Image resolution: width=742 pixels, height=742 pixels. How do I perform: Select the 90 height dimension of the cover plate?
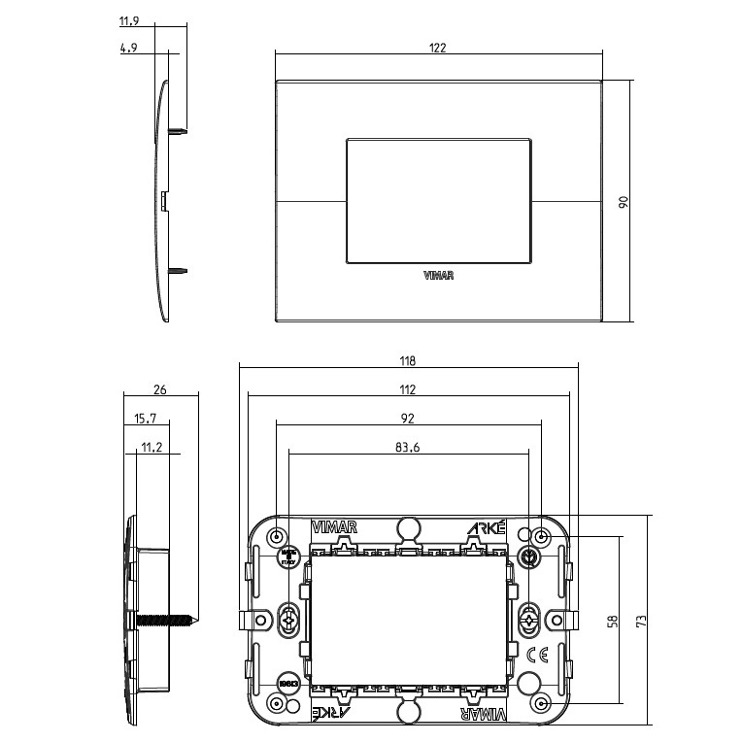click(x=624, y=201)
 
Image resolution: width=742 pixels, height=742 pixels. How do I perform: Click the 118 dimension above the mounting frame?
click(x=407, y=361)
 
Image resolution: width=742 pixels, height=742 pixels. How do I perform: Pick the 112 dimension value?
click(x=407, y=389)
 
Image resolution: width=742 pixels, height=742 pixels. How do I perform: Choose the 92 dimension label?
click(x=407, y=419)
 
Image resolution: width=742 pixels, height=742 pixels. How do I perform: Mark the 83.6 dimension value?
click(x=407, y=448)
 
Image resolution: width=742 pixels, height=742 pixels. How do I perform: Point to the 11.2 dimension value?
click(x=150, y=448)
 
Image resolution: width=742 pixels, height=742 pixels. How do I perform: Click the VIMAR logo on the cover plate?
click(x=440, y=276)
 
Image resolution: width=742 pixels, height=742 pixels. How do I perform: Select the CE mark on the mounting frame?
click(x=534, y=654)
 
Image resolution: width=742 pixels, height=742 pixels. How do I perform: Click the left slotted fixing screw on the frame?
click(x=287, y=620)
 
